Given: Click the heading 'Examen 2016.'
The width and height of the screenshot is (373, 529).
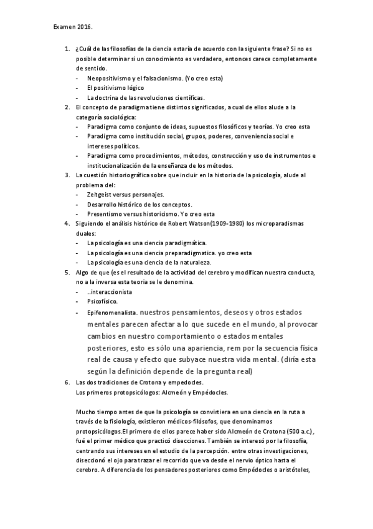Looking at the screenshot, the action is [72, 27].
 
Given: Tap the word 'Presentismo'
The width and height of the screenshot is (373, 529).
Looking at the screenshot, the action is [105, 215].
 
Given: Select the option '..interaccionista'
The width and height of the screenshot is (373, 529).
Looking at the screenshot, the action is [109, 292].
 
